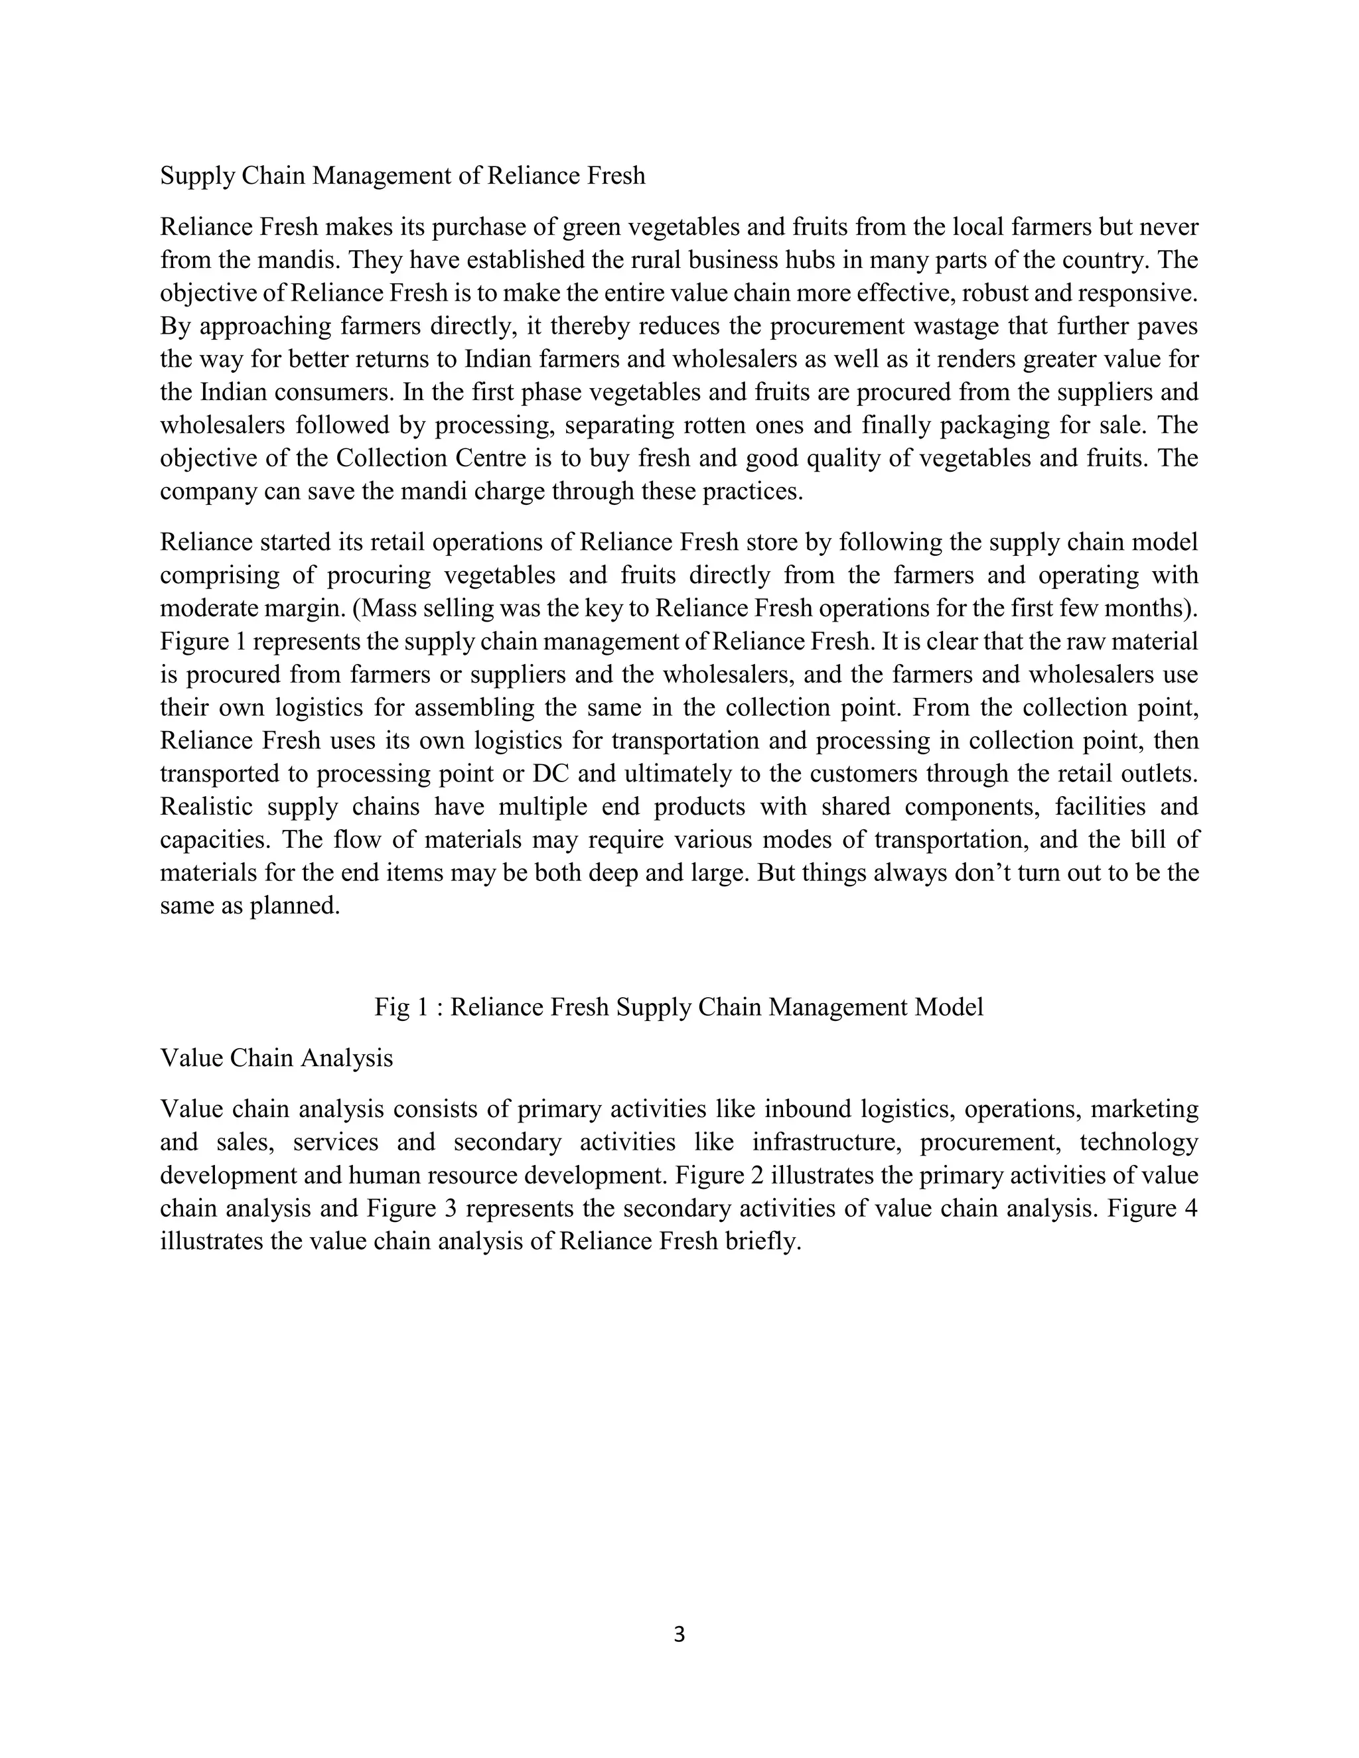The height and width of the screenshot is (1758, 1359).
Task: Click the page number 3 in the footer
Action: (679, 1634)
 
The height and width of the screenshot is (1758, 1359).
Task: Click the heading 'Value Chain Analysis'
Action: (276, 1057)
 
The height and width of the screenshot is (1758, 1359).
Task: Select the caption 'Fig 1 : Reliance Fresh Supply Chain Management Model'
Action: (679, 1007)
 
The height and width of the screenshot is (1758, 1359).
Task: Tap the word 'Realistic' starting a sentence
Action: (206, 807)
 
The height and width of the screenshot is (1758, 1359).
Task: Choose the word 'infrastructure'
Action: (822, 1142)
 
